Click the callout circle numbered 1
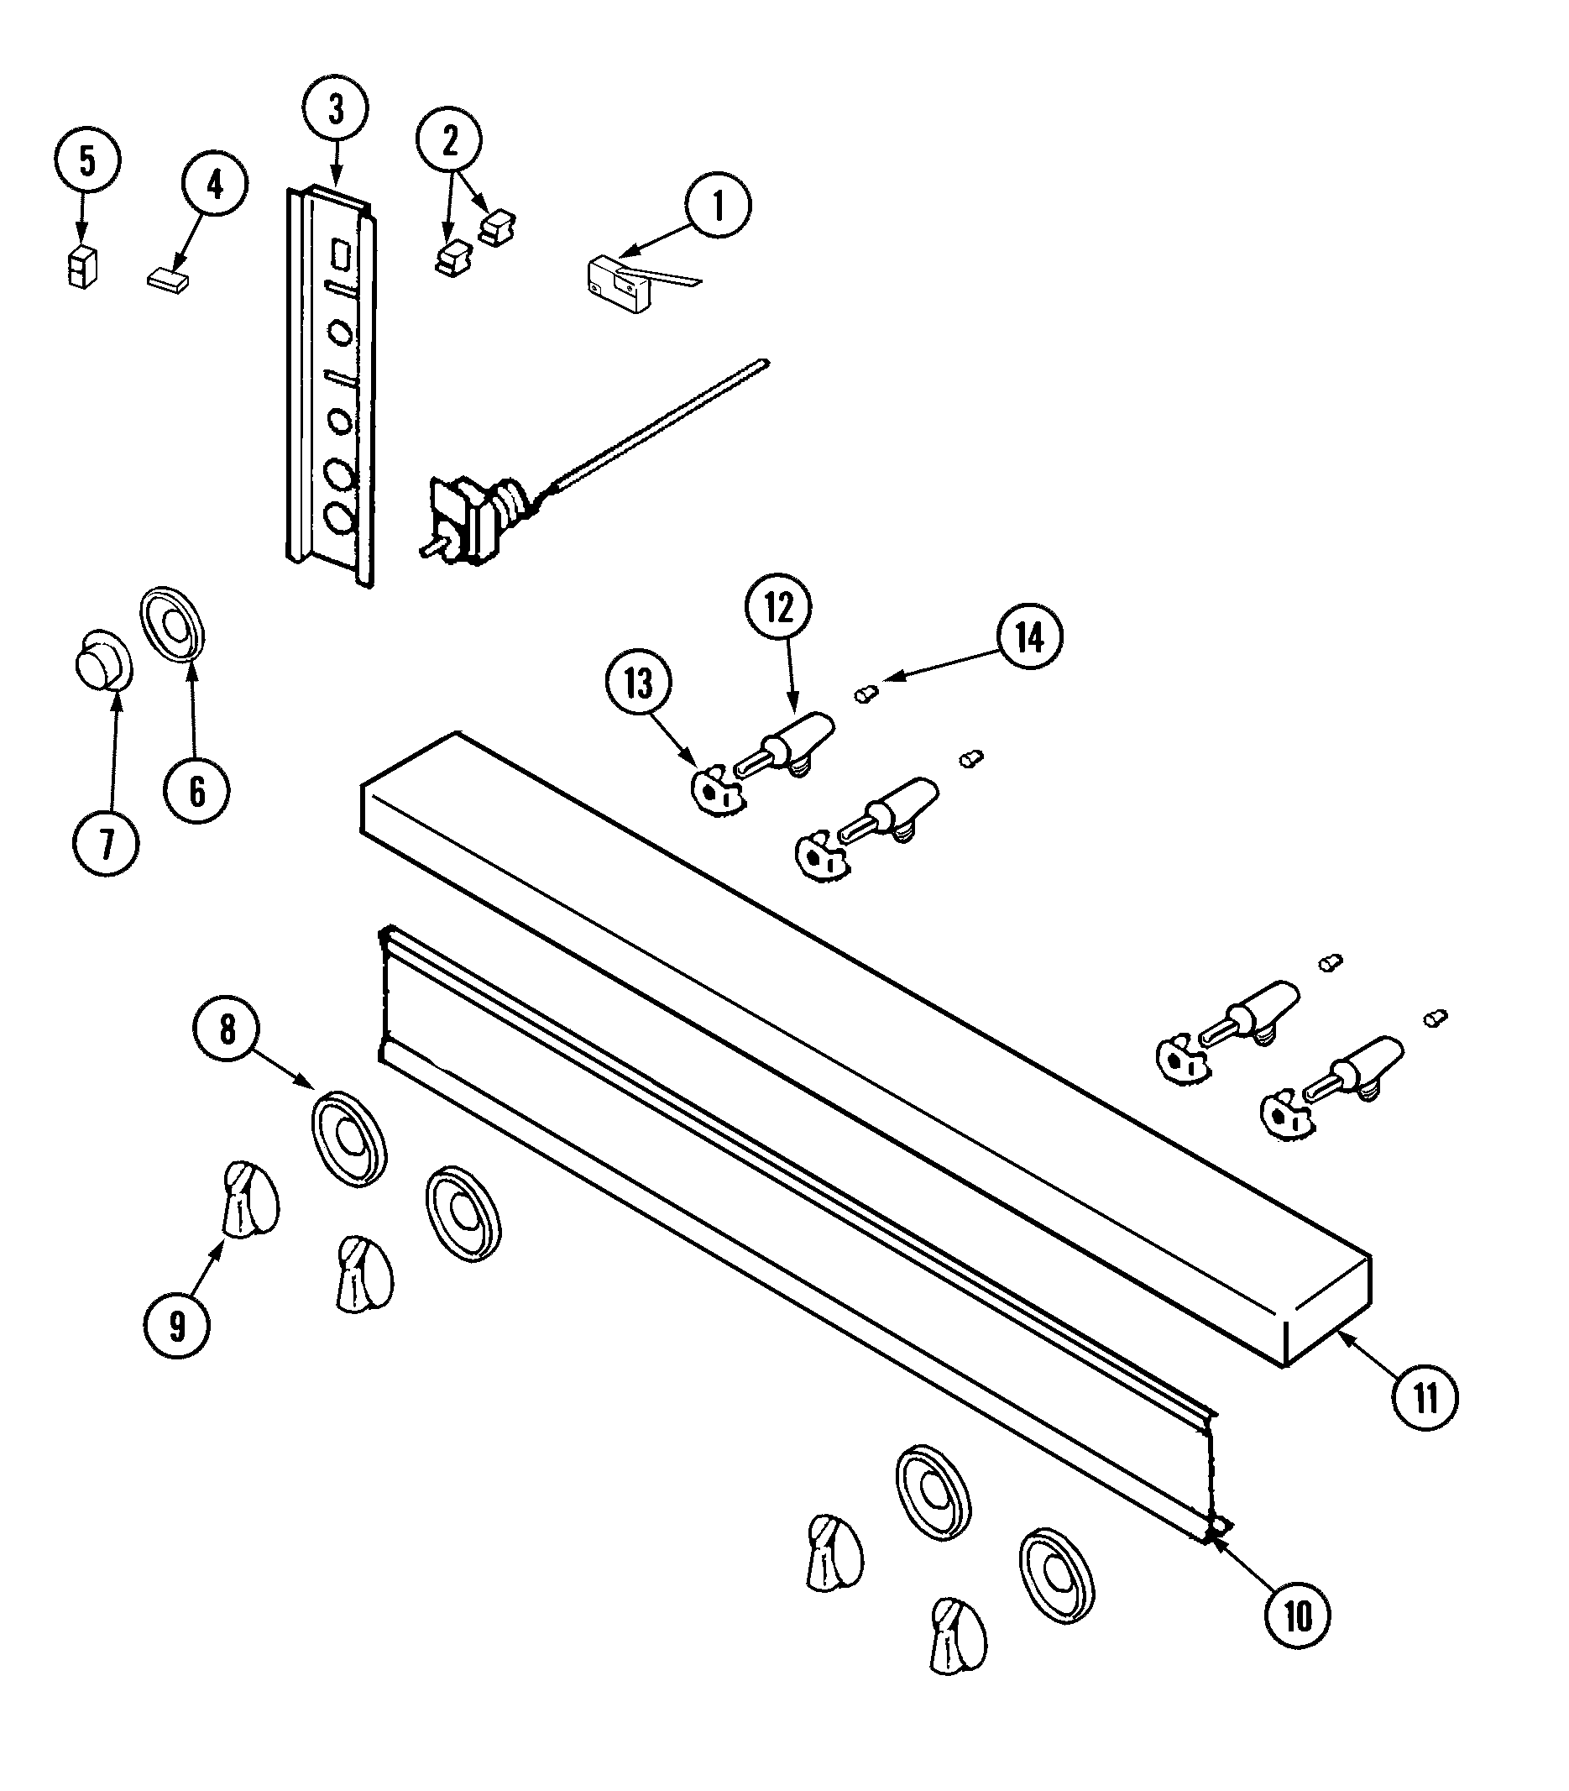point(717,207)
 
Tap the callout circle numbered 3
point(335,109)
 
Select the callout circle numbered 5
point(86,160)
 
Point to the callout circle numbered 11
point(1425,1399)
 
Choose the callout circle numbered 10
point(1298,1614)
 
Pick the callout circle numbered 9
point(177,1326)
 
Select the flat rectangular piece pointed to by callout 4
point(167,282)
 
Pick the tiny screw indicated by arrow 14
point(865,695)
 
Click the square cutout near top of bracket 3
point(342,255)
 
